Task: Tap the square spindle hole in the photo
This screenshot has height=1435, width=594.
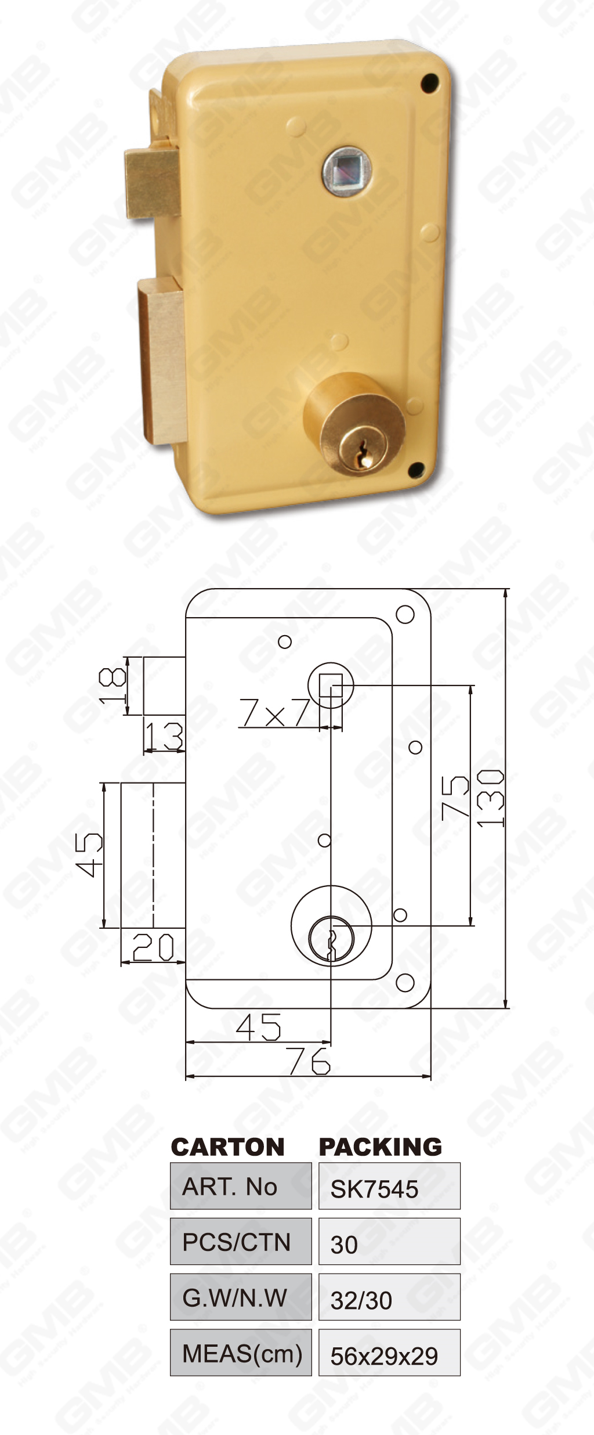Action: tap(346, 171)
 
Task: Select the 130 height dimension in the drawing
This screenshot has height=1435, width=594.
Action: tap(491, 798)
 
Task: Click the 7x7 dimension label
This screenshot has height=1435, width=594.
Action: tap(275, 712)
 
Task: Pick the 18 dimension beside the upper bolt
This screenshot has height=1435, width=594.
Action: tap(113, 686)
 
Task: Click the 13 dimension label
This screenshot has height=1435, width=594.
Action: tap(164, 736)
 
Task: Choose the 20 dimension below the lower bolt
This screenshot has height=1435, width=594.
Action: tap(153, 947)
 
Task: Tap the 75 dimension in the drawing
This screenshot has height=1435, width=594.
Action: tap(455, 798)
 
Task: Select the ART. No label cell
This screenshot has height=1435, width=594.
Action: tap(241, 1187)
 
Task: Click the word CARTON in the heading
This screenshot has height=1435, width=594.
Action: tap(228, 1147)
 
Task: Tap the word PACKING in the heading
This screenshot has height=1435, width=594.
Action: tap(381, 1147)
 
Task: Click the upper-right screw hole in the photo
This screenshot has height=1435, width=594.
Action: tap(430, 83)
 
